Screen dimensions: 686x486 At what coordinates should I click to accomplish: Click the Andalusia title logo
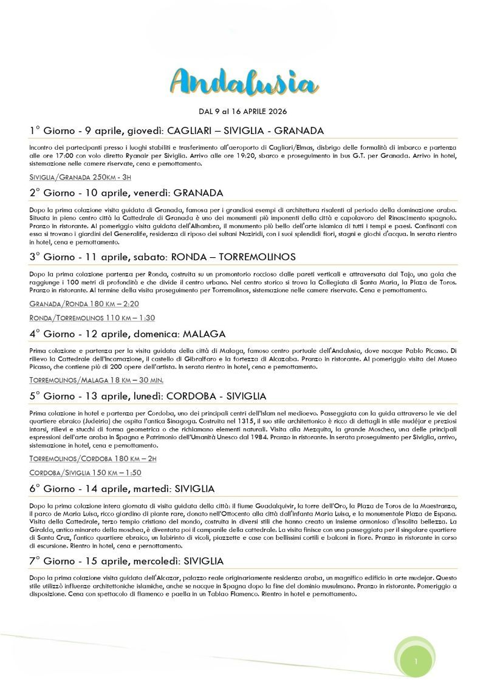point(242,83)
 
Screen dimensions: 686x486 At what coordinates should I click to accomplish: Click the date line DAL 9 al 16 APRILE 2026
point(242,112)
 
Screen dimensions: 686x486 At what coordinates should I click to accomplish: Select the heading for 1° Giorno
point(176,130)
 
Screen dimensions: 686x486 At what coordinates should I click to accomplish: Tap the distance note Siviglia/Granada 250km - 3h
point(80,177)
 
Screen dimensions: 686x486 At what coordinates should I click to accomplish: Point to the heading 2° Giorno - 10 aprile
point(126,193)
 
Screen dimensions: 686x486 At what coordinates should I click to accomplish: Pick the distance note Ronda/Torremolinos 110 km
point(92,318)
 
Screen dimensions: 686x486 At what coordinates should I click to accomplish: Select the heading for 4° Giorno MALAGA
point(127,334)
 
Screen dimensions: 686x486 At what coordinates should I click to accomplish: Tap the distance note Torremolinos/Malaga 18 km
point(96,380)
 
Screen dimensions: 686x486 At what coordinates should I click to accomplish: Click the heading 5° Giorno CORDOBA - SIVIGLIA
point(148,396)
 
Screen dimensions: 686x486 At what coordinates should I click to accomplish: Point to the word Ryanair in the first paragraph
point(132,155)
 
